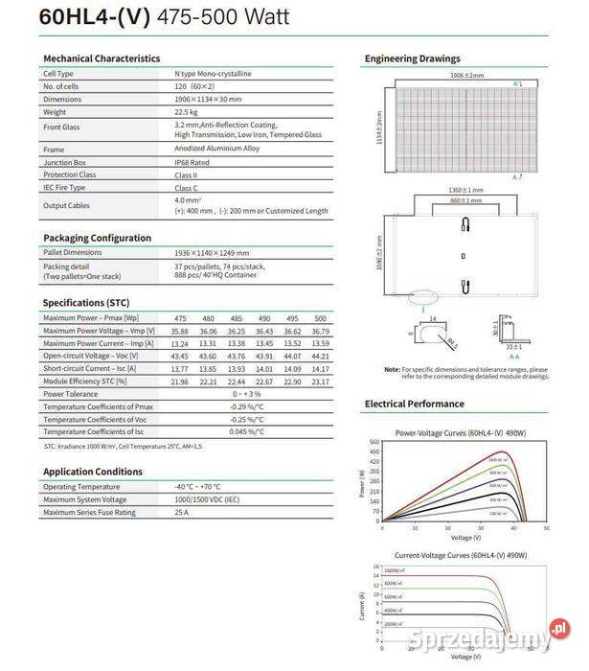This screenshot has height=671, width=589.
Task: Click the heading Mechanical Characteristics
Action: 102,58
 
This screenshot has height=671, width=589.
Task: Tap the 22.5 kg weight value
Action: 188,112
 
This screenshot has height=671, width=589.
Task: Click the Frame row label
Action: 54,150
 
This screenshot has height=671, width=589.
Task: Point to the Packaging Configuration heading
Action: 97,238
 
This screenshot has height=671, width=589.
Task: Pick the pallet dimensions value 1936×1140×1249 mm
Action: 212,251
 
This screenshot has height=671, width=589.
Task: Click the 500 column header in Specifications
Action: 321,318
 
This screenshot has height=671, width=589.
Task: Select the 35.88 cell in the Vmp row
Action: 180,331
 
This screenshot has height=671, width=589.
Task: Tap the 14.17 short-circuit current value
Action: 321,368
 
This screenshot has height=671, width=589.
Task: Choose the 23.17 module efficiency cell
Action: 321,381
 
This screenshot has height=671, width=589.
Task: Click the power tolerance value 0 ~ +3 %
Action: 246,394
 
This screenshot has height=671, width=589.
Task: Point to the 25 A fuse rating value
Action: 181,513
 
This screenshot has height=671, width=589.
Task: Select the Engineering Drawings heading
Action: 412,58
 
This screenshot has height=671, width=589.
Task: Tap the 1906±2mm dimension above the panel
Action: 466,75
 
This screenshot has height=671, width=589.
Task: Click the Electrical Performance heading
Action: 414,404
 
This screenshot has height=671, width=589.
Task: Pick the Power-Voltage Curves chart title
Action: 460,433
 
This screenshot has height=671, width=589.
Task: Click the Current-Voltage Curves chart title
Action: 461,556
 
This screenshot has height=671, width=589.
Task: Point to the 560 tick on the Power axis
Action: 374,442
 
